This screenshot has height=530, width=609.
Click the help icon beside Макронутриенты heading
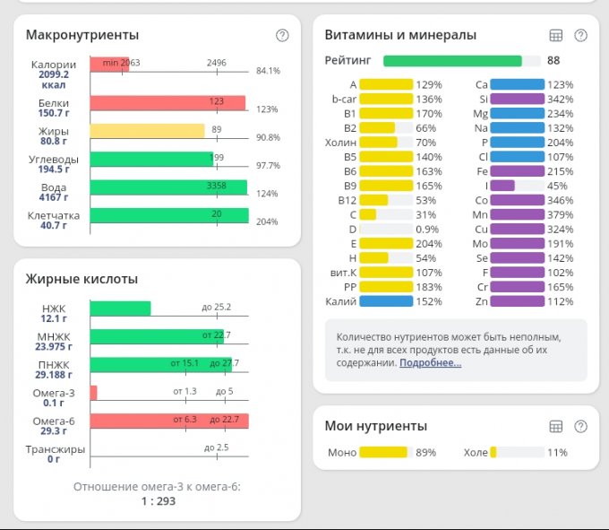[282, 36]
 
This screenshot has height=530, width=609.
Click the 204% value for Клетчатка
[268, 222]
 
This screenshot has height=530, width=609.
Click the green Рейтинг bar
[452, 61]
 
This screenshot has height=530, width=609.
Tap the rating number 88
[553, 61]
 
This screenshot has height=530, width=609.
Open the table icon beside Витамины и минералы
[555, 36]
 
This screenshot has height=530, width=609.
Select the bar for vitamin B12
[373, 200]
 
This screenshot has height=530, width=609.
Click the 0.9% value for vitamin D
[428, 229]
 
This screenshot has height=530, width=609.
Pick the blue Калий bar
[386, 301]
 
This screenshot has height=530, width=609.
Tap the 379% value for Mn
[562, 214]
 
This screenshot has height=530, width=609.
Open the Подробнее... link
[430, 362]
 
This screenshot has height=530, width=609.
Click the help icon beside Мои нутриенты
[580, 427]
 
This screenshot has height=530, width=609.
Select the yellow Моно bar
[382, 453]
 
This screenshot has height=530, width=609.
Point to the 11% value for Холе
[557, 453]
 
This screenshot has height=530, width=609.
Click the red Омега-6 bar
[169, 421]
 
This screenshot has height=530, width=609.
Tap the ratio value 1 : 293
[158, 501]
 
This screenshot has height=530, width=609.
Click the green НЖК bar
[120, 308]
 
